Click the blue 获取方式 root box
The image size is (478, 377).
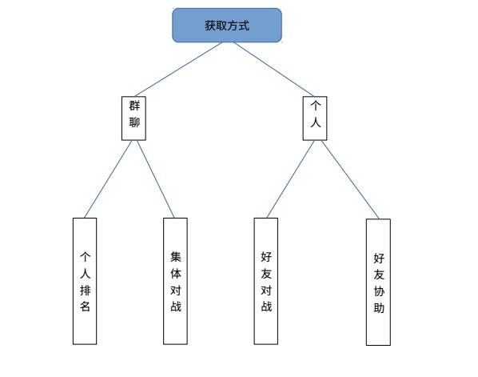[x=227, y=26]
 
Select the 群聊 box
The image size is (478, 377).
[x=133, y=118]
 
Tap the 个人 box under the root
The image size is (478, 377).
[x=315, y=118]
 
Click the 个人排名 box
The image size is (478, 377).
[x=85, y=281]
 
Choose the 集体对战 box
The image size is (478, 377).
[x=175, y=281]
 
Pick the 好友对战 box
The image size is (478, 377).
[x=266, y=281]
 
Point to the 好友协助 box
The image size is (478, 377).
[x=378, y=282]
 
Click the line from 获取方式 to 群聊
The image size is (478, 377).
[x=178, y=70]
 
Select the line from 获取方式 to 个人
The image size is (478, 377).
[x=273, y=70]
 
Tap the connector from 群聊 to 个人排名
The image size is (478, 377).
[x=108, y=179]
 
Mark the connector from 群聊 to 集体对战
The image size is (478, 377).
[x=156, y=179]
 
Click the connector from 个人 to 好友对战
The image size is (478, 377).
[x=290, y=179]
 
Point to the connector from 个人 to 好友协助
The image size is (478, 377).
[x=350, y=179]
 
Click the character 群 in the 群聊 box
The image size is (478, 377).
[x=134, y=106]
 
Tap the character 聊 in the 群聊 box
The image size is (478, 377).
[x=134, y=122]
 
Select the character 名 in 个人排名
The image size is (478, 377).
[x=85, y=306]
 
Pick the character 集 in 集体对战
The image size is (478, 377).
[x=176, y=257]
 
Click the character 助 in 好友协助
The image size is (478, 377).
[x=379, y=307]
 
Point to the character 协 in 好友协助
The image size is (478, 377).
[x=379, y=291]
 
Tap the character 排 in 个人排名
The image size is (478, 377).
[x=85, y=290]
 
